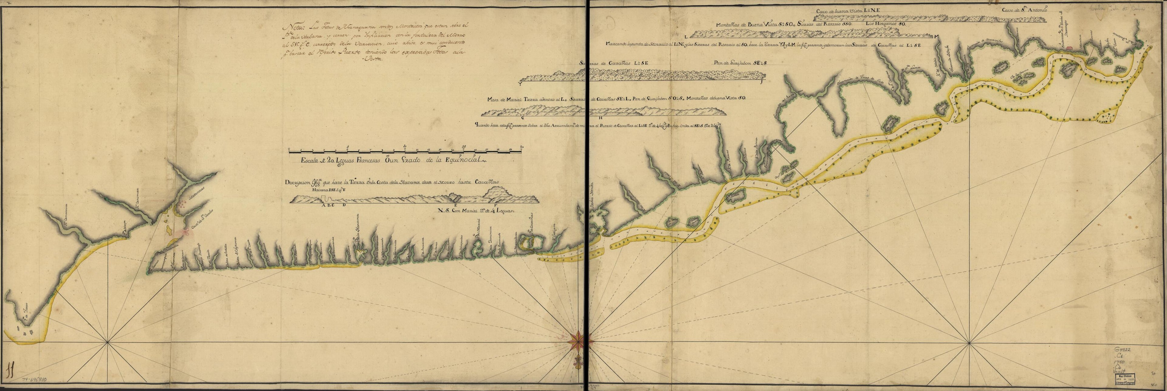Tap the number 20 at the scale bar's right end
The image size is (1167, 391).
click(x=522, y=147)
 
